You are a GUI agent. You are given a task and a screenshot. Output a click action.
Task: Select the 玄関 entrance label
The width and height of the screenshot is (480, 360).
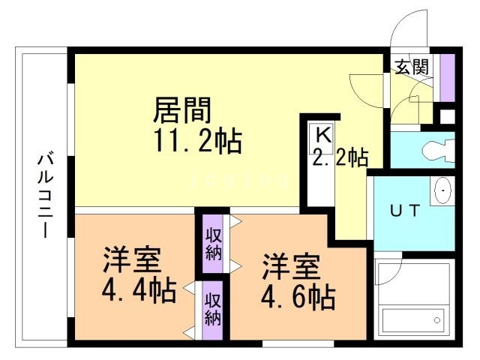(x=412, y=67)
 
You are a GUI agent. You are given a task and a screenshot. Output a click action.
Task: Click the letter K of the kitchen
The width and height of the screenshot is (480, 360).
(x=322, y=136)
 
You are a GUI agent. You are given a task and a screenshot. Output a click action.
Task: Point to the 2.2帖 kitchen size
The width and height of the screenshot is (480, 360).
(x=340, y=157)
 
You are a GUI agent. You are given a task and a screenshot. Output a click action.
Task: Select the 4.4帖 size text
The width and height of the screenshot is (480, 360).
(x=139, y=289)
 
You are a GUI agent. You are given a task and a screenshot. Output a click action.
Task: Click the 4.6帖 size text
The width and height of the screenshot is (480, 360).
(x=297, y=298)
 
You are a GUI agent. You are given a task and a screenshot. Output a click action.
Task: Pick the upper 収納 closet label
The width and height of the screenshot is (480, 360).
(x=213, y=242)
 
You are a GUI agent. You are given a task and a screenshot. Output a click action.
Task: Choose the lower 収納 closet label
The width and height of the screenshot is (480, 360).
(x=213, y=309)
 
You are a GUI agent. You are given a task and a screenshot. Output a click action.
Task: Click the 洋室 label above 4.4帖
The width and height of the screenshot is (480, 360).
(x=131, y=260)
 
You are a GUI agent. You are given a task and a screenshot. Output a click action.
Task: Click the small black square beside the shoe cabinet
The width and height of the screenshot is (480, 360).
(x=447, y=117)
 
